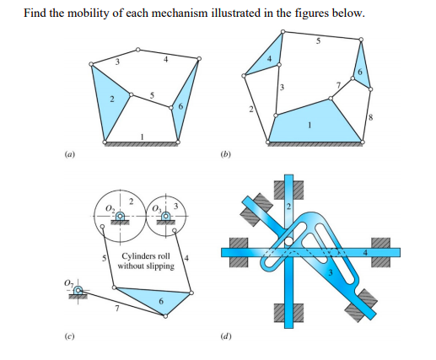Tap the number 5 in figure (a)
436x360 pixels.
(151, 94)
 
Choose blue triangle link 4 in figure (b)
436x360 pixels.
(269, 59)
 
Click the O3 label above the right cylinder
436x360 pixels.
(158, 205)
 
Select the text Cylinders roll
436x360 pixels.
(146, 255)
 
